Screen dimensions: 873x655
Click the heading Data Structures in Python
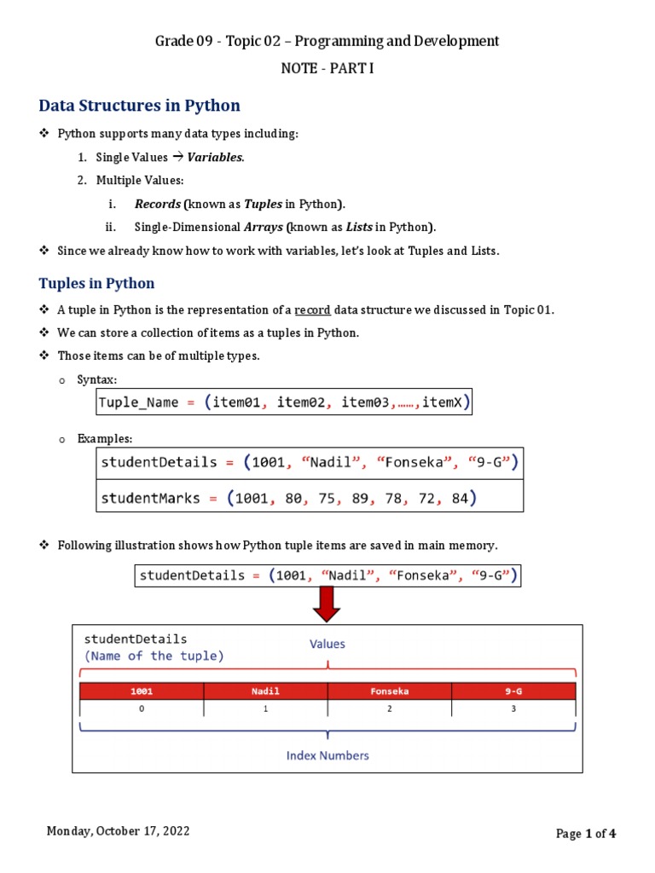140,106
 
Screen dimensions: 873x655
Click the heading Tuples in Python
97,283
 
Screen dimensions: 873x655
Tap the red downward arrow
327,604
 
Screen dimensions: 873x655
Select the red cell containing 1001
142,691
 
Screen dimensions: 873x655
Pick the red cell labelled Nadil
265,691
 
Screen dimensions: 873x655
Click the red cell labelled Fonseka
390,691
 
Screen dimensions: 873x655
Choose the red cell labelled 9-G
513,691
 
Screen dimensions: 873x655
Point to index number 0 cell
142,708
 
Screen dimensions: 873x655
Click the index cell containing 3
513,708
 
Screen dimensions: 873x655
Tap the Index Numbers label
327,755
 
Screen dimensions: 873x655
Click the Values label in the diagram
327,645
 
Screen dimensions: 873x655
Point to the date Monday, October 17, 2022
119,831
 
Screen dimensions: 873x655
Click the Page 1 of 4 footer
586,834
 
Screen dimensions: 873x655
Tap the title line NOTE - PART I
327,68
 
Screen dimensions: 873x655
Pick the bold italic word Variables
216,158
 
